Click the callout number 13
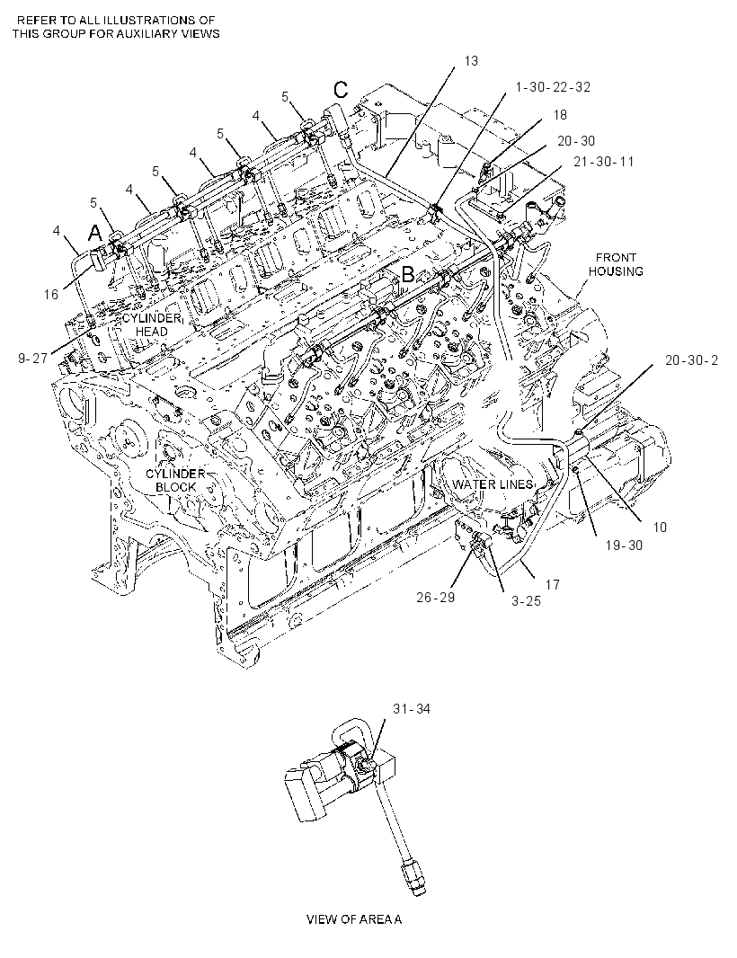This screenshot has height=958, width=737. [x=471, y=60]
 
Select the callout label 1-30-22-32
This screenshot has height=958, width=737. [x=553, y=87]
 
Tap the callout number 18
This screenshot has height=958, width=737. [x=560, y=114]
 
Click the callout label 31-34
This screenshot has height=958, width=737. [x=412, y=709]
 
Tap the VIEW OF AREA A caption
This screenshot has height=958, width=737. [x=354, y=918]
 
